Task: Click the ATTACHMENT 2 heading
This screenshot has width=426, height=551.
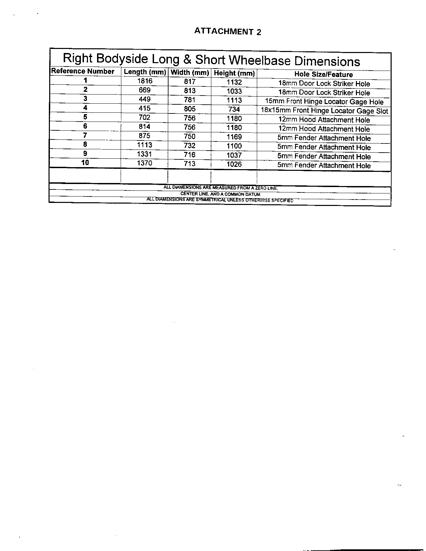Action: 227,32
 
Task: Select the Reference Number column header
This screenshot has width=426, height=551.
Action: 83,71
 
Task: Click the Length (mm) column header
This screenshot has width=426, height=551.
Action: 145,72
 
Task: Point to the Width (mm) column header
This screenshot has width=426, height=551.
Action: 190,73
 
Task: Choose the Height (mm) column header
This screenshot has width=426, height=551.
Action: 234,73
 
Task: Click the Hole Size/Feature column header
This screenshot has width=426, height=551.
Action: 324,74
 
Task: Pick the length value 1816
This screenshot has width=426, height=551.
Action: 145,81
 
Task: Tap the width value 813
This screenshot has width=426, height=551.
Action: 190,91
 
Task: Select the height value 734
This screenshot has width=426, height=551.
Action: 234,109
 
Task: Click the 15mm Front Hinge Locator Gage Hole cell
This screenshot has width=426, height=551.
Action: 324,102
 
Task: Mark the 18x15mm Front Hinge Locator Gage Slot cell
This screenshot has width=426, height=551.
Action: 324,111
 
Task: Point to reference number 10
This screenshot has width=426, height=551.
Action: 85,162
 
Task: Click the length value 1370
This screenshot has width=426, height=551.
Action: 145,163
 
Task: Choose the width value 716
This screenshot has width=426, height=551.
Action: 190,155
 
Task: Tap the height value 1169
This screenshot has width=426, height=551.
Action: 234,137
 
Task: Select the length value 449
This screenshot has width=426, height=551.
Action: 145,99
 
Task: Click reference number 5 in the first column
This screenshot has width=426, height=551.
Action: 85,117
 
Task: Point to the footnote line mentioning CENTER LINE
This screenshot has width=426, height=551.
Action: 220,194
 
